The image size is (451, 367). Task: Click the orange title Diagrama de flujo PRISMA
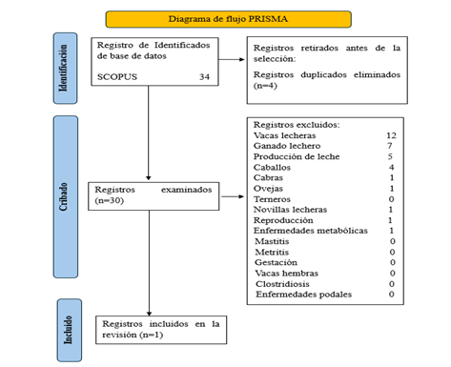point(226,18)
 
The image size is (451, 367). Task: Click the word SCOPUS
point(117,76)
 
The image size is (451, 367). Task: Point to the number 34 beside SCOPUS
point(204,76)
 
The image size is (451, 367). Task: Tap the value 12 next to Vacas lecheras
point(389,135)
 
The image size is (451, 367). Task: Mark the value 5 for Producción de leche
point(391,156)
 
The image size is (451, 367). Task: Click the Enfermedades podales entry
point(303,294)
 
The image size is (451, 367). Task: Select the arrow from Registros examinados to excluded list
point(231,197)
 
